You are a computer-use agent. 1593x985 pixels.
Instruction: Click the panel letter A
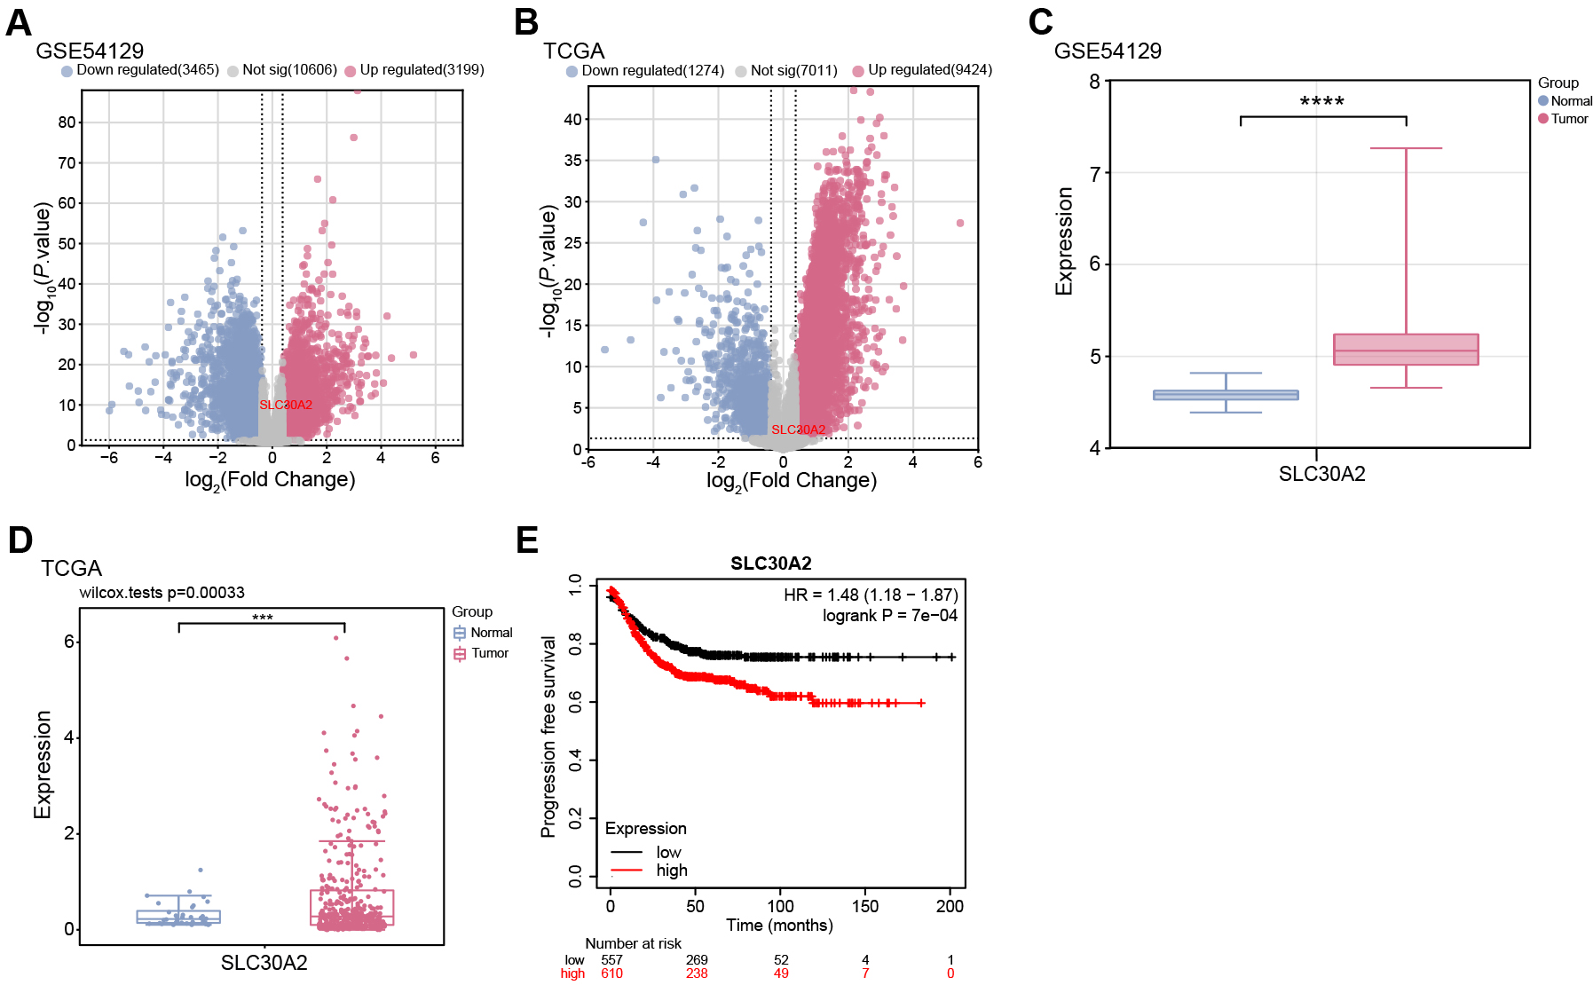point(19,22)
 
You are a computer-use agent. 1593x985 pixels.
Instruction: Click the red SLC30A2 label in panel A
point(286,405)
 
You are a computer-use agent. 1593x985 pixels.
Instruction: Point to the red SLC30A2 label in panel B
point(798,429)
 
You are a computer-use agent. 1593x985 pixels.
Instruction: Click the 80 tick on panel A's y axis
point(67,122)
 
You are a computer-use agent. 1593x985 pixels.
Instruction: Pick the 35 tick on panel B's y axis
point(573,161)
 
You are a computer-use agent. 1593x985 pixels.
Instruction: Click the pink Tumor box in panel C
point(1406,350)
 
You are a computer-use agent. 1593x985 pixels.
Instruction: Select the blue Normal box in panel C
point(1226,395)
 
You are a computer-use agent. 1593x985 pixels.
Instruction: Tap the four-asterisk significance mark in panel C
point(1322,102)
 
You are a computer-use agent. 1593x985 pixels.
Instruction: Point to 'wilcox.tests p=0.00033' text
point(162,593)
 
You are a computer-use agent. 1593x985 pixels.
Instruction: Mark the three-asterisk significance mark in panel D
point(262,618)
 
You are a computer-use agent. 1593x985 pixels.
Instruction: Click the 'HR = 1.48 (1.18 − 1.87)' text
point(870,595)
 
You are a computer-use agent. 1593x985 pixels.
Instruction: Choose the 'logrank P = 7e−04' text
point(889,616)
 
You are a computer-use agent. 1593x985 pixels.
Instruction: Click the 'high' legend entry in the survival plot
point(672,871)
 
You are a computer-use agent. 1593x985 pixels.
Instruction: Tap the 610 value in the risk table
point(611,973)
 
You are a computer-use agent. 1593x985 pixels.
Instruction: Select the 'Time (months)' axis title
point(779,926)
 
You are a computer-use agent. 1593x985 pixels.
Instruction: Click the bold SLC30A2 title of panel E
point(770,563)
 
